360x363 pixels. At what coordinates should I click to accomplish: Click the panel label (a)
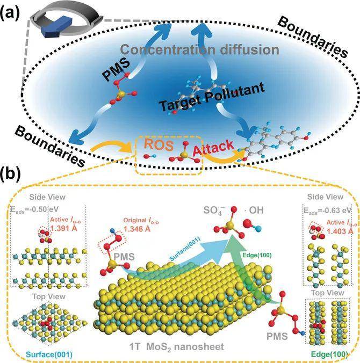12,11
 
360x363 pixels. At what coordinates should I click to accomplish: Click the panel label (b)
12,175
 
